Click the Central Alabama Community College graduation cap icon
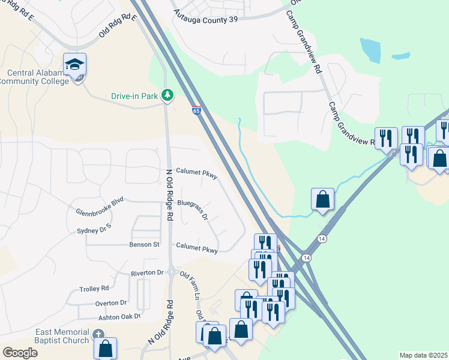pyautogui.click(x=75, y=65)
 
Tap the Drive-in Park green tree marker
pyautogui.click(x=167, y=95)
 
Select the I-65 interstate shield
pyautogui.click(x=196, y=110)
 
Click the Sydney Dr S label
pyautogui.click(x=95, y=230)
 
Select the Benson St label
pyautogui.click(x=144, y=245)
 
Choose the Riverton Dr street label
pyautogui.click(x=147, y=273)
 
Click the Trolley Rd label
pyautogui.click(x=94, y=289)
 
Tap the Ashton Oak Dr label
pyautogui.click(x=120, y=317)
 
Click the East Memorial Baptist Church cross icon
pyautogui.click(x=98, y=334)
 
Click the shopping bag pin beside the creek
pyautogui.click(x=322, y=199)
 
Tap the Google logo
pyautogui.click(x=20, y=352)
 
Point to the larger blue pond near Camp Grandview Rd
pyautogui.click(x=371, y=50)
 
